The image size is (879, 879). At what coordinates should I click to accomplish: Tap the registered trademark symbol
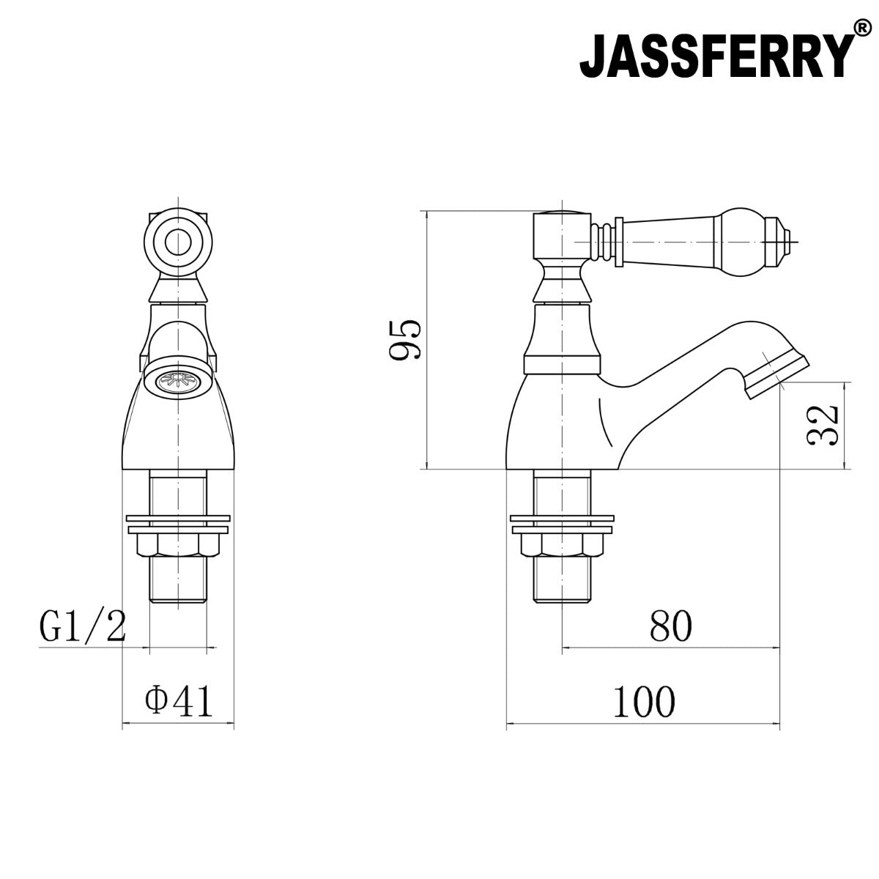pyautogui.click(x=862, y=29)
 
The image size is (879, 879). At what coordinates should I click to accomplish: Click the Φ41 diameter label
pyautogui.click(x=179, y=702)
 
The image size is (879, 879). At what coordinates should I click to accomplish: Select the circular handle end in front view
pyautogui.click(x=177, y=241)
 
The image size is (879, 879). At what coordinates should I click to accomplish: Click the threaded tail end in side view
pyautogui.click(x=561, y=582)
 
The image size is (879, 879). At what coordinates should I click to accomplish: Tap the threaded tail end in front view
pyautogui.click(x=178, y=582)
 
